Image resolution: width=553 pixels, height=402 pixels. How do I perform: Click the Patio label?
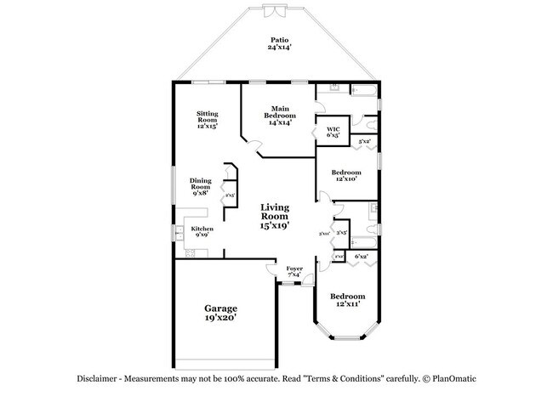click(x=278, y=44)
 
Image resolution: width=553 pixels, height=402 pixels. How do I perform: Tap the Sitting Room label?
click(x=207, y=119)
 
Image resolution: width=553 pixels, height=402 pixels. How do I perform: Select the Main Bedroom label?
click(x=281, y=116)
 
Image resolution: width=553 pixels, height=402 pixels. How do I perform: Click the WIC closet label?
click(x=334, y=132)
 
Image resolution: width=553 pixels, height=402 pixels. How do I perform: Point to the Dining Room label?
click(x=201, y=186)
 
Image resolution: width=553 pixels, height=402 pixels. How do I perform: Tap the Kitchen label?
click(x=202, y=231)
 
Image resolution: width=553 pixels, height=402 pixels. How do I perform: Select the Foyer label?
click(x=294, y=271)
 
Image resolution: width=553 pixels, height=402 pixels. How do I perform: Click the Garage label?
click(x=219, y=312)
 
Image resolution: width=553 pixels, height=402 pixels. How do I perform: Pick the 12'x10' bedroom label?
click(x=346, y=176)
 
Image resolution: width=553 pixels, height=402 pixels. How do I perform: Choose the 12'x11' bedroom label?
click(x=346, y=300)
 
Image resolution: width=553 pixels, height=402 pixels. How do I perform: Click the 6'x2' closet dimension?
click(x=362, y=256)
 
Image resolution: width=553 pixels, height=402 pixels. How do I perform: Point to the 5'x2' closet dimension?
click(x=364, y=141)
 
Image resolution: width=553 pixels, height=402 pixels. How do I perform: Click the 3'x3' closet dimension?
click(x=341, y=232)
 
